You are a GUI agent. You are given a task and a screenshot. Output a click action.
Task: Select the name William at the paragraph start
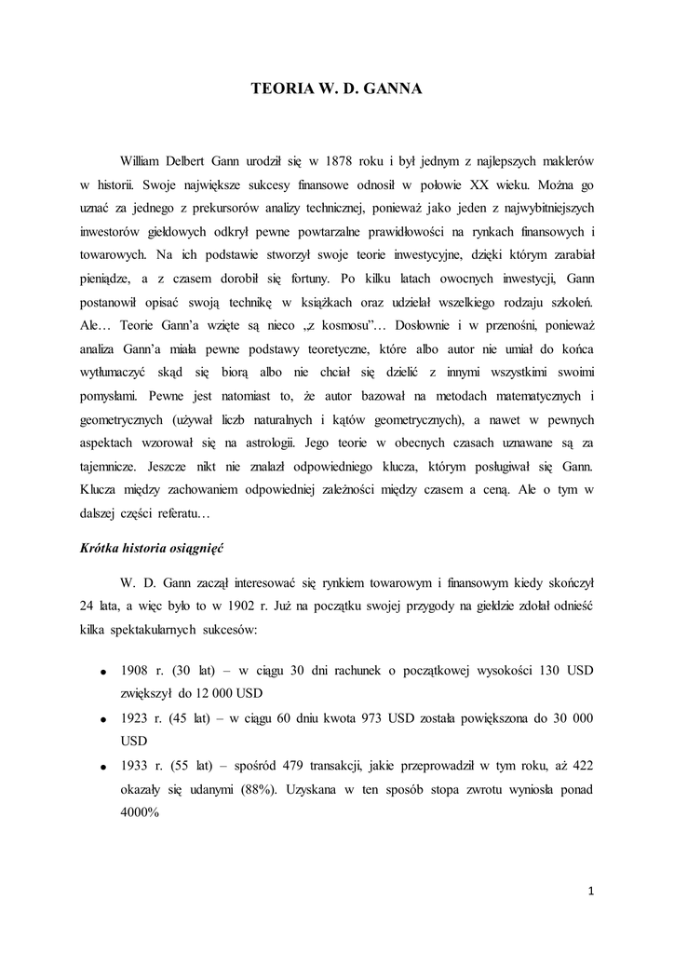click(143, 160)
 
